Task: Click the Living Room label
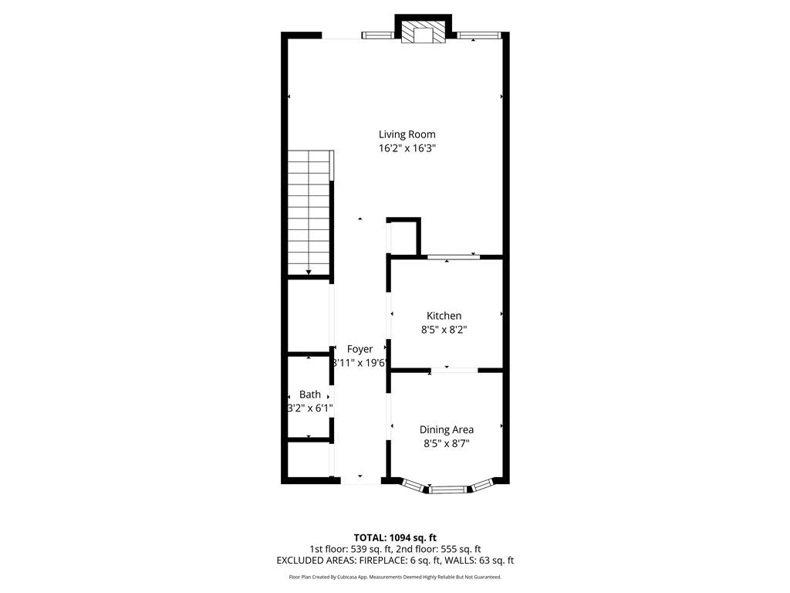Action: coord(407,134)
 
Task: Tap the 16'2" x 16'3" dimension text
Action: coord(407,148)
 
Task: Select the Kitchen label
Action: coord(444,316)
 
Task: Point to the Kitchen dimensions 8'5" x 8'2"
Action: coord(444,330)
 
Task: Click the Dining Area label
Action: coord(447,430)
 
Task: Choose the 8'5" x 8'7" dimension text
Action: coord(447,444)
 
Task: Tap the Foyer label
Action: coord(360,350)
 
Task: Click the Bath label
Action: coord(310,395)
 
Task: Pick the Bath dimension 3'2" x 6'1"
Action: coord(310,408)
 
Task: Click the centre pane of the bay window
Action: coord(448,489)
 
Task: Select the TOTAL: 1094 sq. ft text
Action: coord(395,537)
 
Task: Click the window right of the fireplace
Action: coord(478,36)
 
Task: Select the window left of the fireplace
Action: coord(377,36)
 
